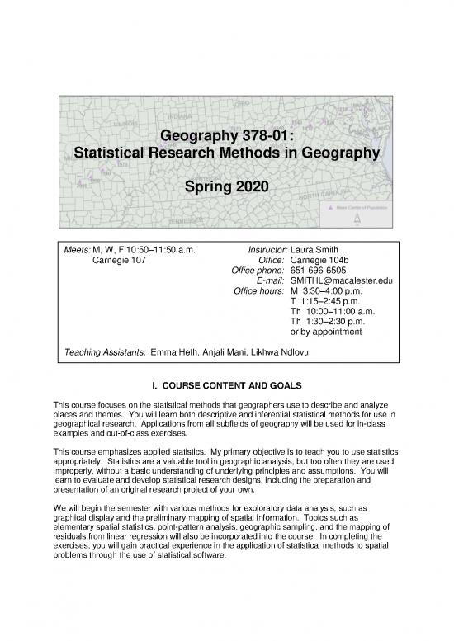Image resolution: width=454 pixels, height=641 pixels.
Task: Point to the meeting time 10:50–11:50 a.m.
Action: [159, 250]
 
